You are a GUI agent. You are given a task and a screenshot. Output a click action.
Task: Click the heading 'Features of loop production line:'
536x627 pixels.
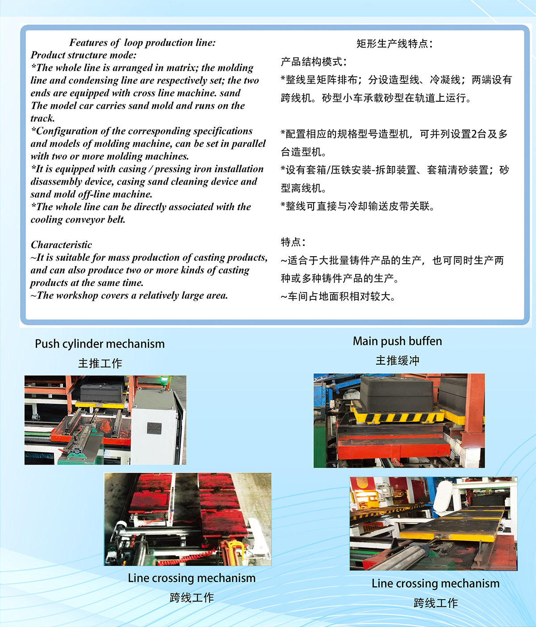142,42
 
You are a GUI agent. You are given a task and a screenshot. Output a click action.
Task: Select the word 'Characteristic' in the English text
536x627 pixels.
61,245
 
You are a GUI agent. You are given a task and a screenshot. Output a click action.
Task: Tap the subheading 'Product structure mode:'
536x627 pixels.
84,55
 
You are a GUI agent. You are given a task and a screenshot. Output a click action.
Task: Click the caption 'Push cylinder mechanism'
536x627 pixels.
100,344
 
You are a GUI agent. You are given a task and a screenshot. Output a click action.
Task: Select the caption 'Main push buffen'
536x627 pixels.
397,341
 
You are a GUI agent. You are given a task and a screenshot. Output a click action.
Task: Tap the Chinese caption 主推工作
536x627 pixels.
100,363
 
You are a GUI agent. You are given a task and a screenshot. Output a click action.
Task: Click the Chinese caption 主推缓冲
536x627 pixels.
398,361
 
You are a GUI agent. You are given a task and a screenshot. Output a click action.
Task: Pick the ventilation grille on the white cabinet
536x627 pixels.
154,428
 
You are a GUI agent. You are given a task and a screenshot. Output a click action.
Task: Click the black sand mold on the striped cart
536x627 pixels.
396,394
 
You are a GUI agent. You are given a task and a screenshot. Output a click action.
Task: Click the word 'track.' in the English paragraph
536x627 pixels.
43,118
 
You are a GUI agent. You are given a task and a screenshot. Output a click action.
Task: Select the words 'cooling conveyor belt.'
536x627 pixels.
78,219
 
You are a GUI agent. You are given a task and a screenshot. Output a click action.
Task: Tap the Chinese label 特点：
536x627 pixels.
293,242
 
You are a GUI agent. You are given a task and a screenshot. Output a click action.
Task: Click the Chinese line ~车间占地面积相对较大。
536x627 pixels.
338,296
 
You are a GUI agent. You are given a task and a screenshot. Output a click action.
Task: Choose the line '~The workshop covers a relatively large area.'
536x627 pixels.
129,295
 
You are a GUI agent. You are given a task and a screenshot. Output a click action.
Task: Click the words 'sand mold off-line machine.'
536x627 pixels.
92,194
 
